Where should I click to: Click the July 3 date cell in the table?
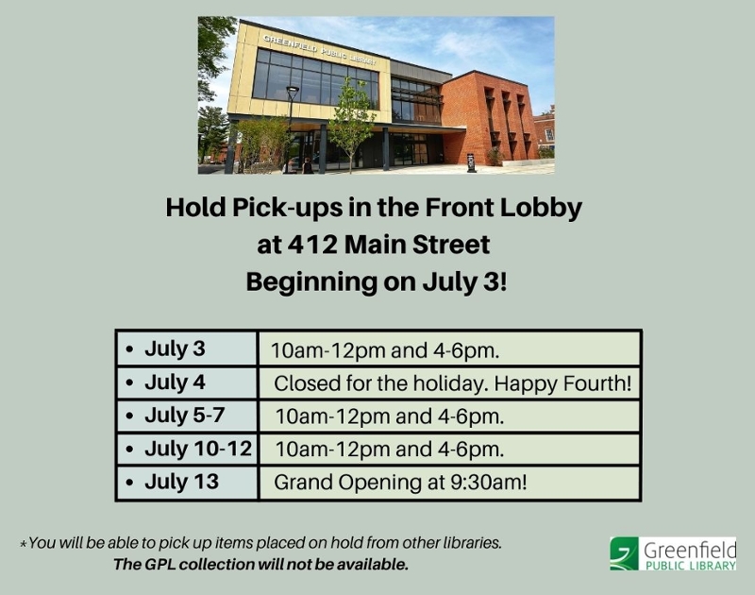(187, 348)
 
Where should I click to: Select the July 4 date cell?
(187, 383)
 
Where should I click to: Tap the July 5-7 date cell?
(187, 416)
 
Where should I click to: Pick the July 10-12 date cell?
(187, 449)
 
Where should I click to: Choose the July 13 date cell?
(187, 483)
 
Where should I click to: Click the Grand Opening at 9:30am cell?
(449, 483)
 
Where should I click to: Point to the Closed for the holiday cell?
(449, 383)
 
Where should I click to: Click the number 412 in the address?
(312, 245)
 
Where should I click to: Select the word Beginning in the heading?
(311, 282)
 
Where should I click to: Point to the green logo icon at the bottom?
(624, 553)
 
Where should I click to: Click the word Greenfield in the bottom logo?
(690, 550)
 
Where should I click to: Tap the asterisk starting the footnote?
(23, 544)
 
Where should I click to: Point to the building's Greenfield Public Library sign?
(319, 49)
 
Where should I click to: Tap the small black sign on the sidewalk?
(471, 162)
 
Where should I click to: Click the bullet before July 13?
(129, 483)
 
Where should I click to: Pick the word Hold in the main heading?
(195, 207)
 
